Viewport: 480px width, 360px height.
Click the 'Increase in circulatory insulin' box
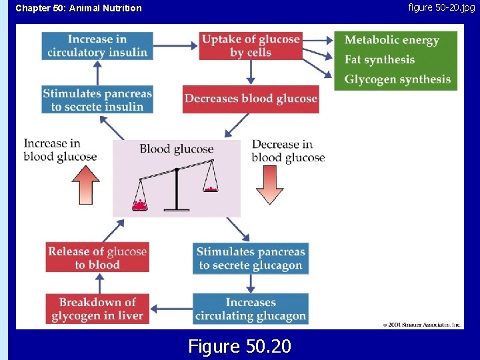(97, 45)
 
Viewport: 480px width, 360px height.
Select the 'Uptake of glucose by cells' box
(250, 45)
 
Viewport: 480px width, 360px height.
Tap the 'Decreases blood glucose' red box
(251, 99)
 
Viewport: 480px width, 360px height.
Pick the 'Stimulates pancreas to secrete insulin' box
(97, 99)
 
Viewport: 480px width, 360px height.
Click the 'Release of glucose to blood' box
(97, 258)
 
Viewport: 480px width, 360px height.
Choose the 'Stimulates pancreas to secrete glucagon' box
(251, 258)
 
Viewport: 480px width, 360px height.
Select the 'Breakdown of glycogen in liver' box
(97, 309)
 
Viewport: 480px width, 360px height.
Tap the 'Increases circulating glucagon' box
(251, 309)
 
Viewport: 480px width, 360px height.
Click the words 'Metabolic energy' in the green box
(391, 40)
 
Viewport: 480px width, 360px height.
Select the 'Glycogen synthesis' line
(397, 80)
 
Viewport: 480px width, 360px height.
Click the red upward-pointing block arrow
(86, 184)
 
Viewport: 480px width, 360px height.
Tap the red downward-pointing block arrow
(269, 184)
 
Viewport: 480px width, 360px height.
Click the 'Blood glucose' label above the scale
(176, 149)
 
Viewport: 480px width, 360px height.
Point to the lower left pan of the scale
(140, 205)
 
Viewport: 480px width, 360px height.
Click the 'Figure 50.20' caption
(240, 346)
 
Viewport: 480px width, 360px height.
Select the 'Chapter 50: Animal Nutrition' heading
(79, 8)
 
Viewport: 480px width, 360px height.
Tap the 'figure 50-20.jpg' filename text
(441, 7)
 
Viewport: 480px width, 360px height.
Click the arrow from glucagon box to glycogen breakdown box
(171, 309)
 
